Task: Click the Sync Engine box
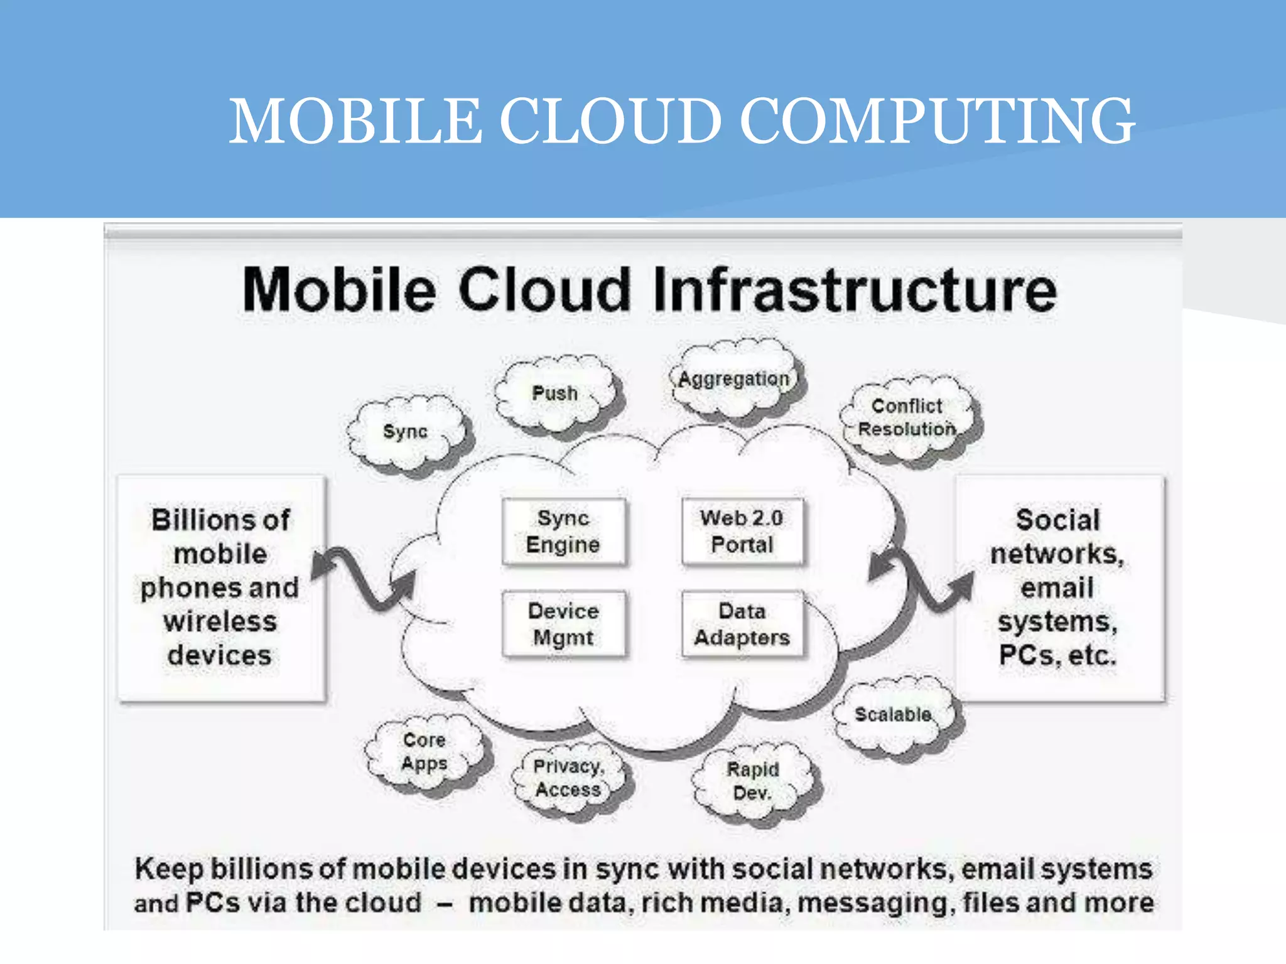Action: (563, 532)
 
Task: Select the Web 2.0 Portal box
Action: (742, 532)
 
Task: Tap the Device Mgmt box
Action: (563, 624)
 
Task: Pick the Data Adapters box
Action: (742, 624)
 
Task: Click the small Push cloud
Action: (555, 394)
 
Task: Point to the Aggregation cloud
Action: (734, 379)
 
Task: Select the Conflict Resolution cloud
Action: (907, 418)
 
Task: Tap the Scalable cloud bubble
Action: (893, 715)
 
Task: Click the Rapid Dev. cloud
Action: (753, 781)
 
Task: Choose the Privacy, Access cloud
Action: (569, 778)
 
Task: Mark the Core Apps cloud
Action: (424, 752)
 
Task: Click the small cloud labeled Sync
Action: (406, 432)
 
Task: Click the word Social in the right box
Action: (1058, 520)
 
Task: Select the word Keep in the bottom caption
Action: (169, 870)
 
